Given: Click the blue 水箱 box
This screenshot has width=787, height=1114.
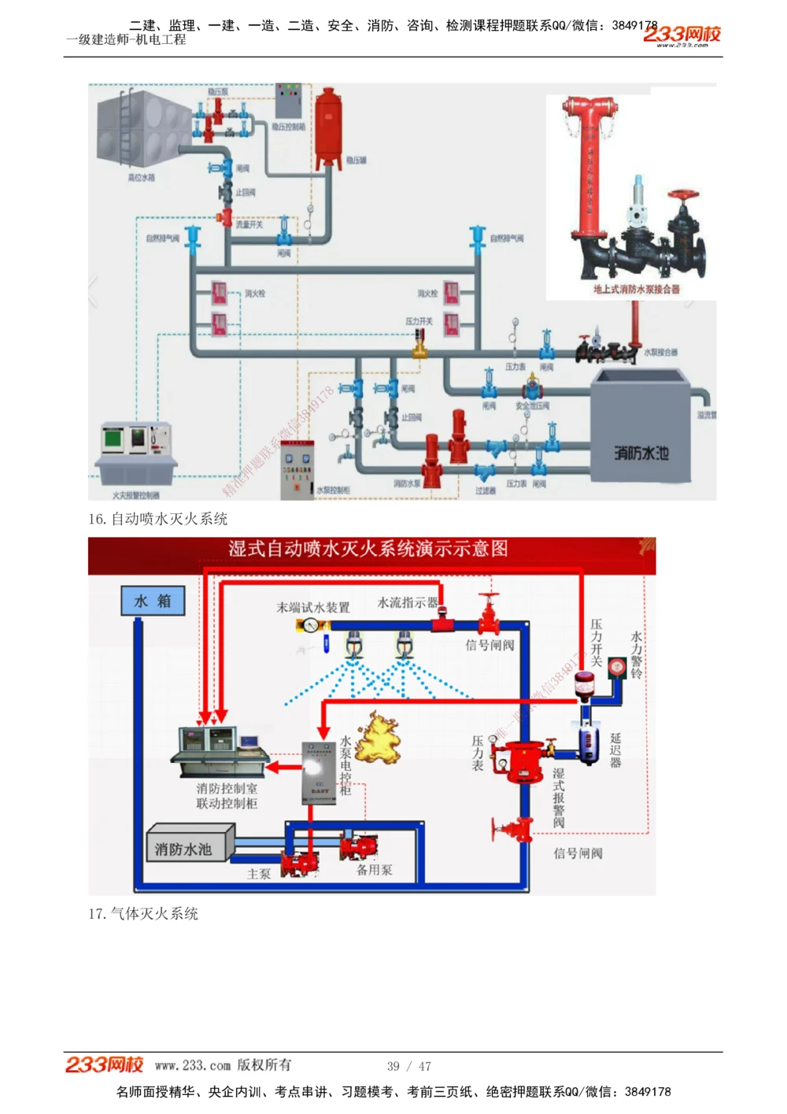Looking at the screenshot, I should click(153, 601).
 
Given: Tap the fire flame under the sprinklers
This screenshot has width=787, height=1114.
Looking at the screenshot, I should click(376, 737).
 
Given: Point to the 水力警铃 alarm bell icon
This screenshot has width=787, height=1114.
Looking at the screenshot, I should click(618, 668).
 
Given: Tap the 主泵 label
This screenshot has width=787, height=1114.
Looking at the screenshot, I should click(259, 874).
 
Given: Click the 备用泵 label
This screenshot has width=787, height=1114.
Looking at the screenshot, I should click(374, 870).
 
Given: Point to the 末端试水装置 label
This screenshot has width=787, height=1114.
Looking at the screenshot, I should click(313, 608).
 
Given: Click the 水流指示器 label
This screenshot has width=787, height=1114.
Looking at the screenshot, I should click(408, 603).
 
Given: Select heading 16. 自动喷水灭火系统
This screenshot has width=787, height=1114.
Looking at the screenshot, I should click(157, 519).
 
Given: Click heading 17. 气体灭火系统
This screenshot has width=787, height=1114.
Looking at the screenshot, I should click(143, 913).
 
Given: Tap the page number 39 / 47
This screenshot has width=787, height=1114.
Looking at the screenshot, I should click(408, 1066).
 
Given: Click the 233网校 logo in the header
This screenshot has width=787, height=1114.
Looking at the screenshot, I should click(682, 35).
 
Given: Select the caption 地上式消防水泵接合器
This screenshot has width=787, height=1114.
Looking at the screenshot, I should click(636, 289).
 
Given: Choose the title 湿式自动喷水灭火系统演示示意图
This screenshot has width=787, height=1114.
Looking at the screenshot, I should click(368, 549).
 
